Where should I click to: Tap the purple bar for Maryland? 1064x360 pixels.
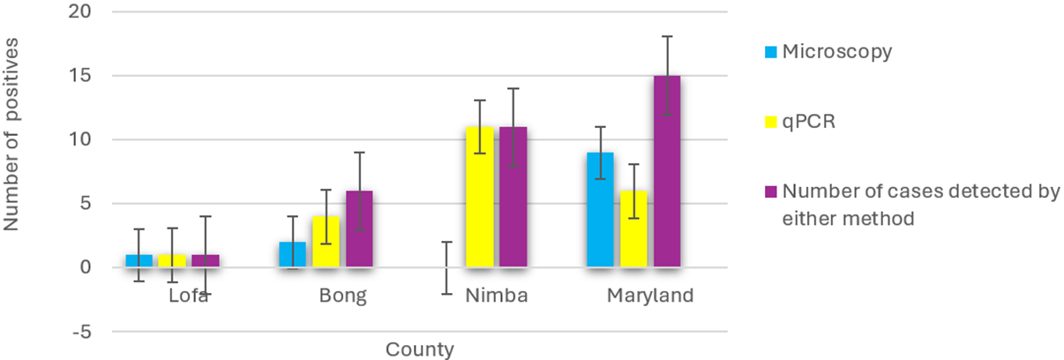point(667,171)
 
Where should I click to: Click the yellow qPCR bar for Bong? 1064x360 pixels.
point(326,241)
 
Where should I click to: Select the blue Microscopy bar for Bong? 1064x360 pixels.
point(292,254)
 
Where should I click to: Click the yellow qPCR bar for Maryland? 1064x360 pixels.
point(633,229)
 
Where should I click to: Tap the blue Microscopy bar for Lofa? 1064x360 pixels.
point(139,260)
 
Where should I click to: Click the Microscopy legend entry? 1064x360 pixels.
point(836,51)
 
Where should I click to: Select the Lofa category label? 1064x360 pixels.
point(189,296)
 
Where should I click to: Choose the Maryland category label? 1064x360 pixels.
point(650,296)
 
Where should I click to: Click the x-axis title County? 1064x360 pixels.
point(419,349)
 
